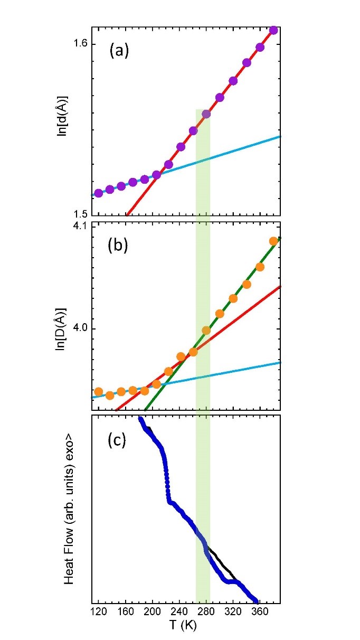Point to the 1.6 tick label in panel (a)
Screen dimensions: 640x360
(79, 44)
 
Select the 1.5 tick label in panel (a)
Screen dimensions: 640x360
(79, 214)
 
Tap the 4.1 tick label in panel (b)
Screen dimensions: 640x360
(79, 227)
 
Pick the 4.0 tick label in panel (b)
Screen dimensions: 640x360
(79, 328)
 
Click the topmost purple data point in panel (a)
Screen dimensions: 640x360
(273, 30)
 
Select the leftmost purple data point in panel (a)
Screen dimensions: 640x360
(98, 193)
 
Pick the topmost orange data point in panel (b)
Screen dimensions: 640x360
(273, 241)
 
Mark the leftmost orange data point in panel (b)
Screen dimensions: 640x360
(98, 392)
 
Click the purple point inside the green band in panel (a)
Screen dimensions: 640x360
(206, 114)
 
